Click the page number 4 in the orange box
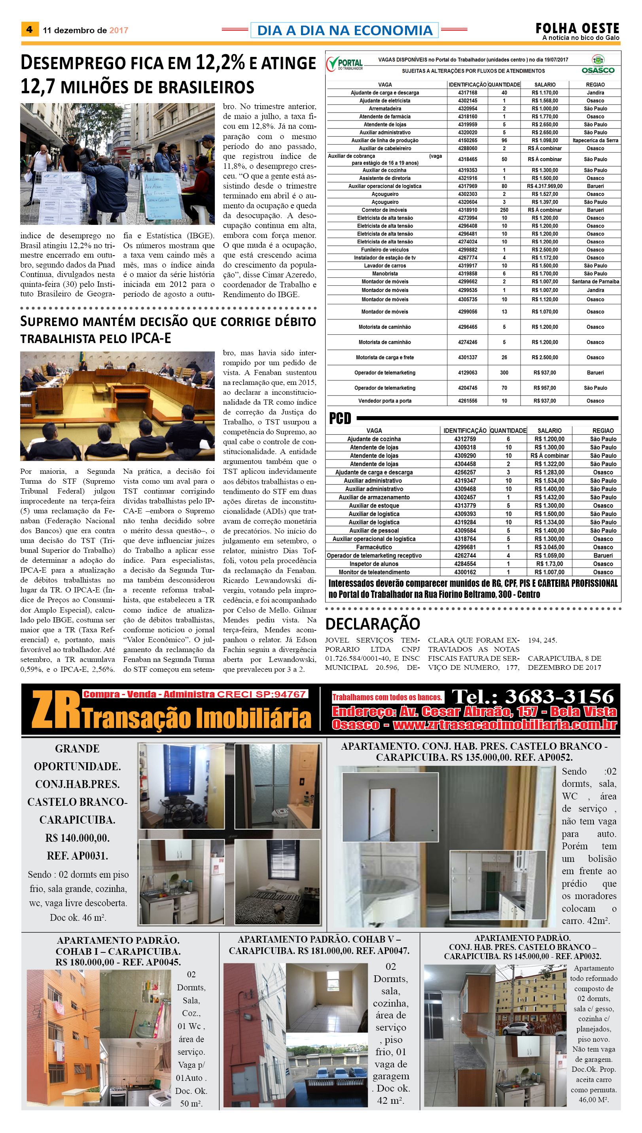click(29, 30)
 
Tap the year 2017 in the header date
click(119, 30)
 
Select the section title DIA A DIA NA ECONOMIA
click(345, 30)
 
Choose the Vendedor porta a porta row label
click(384, 401)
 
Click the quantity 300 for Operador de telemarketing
click(504, 373)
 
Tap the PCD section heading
click(340, 418)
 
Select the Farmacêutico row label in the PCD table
click(374, 547)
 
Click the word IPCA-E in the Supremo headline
click(151, 338)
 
